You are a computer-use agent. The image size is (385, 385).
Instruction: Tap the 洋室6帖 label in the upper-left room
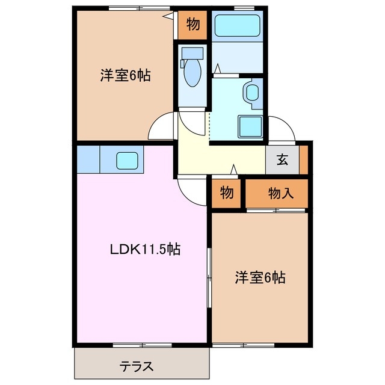[x=125, y=76]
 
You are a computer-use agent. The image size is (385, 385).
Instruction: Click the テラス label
[x=136, y=365]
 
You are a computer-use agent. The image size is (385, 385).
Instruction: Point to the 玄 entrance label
[x=282, y=160]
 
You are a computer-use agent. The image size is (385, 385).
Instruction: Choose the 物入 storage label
[x=280, y=192]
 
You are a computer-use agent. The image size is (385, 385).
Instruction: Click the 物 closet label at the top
[x=192, y=24]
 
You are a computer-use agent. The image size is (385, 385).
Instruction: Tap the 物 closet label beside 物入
[x=226, y=192]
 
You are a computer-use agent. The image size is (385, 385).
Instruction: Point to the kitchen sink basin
[x=127, y=160]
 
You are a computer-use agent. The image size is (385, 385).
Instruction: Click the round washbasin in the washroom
[x=251, y=93]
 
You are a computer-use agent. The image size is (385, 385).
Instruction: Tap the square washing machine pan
[x=249, y=126]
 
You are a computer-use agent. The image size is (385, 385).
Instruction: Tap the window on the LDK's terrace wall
[x=142, y=345]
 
